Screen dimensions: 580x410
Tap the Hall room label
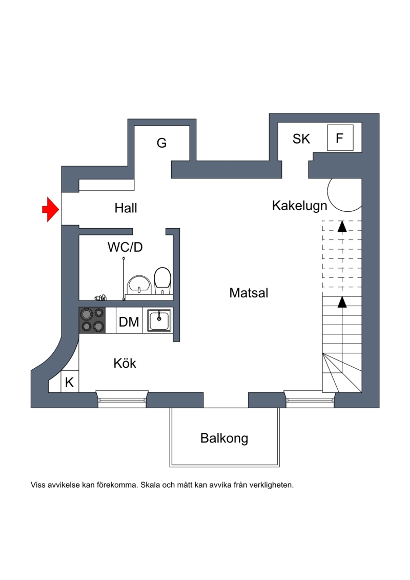click(126, 209)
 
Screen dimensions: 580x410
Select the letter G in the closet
click(161, 143)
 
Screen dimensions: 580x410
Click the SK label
click(301, 138)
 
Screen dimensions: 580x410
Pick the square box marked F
click(340, 138)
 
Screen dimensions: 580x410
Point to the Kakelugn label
click(299, 206)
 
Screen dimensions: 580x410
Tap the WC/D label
click(125, 247)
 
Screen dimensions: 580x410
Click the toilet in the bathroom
click(162, 281)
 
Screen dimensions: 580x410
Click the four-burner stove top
click(92, 320)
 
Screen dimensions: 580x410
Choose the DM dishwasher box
click(129, 322)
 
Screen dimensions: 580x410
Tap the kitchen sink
click(159, 321)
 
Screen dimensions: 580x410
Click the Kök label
click(125, 364)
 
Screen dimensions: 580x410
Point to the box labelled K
click(69, 382)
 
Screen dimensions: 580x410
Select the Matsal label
click(249, 293)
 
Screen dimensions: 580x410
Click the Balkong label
click(224, 438)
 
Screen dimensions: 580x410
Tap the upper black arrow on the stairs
click(342, 226)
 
